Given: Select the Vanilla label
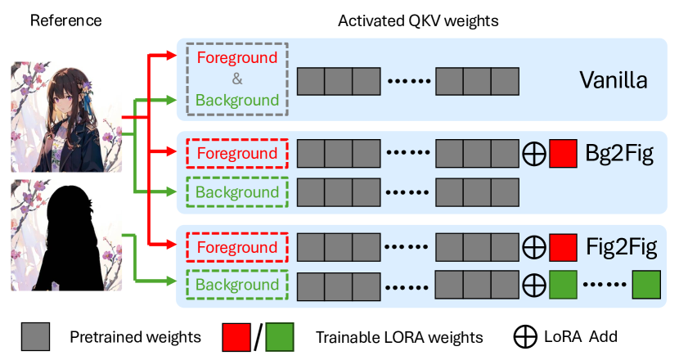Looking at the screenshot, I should (614, 80).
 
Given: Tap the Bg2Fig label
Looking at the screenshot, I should (619, 153).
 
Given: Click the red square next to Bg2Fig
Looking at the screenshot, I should (564, 154).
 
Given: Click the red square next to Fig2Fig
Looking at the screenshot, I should (564, 246).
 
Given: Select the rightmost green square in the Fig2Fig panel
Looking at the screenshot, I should (645, 286).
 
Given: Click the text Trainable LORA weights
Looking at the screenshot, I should (399, 337).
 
